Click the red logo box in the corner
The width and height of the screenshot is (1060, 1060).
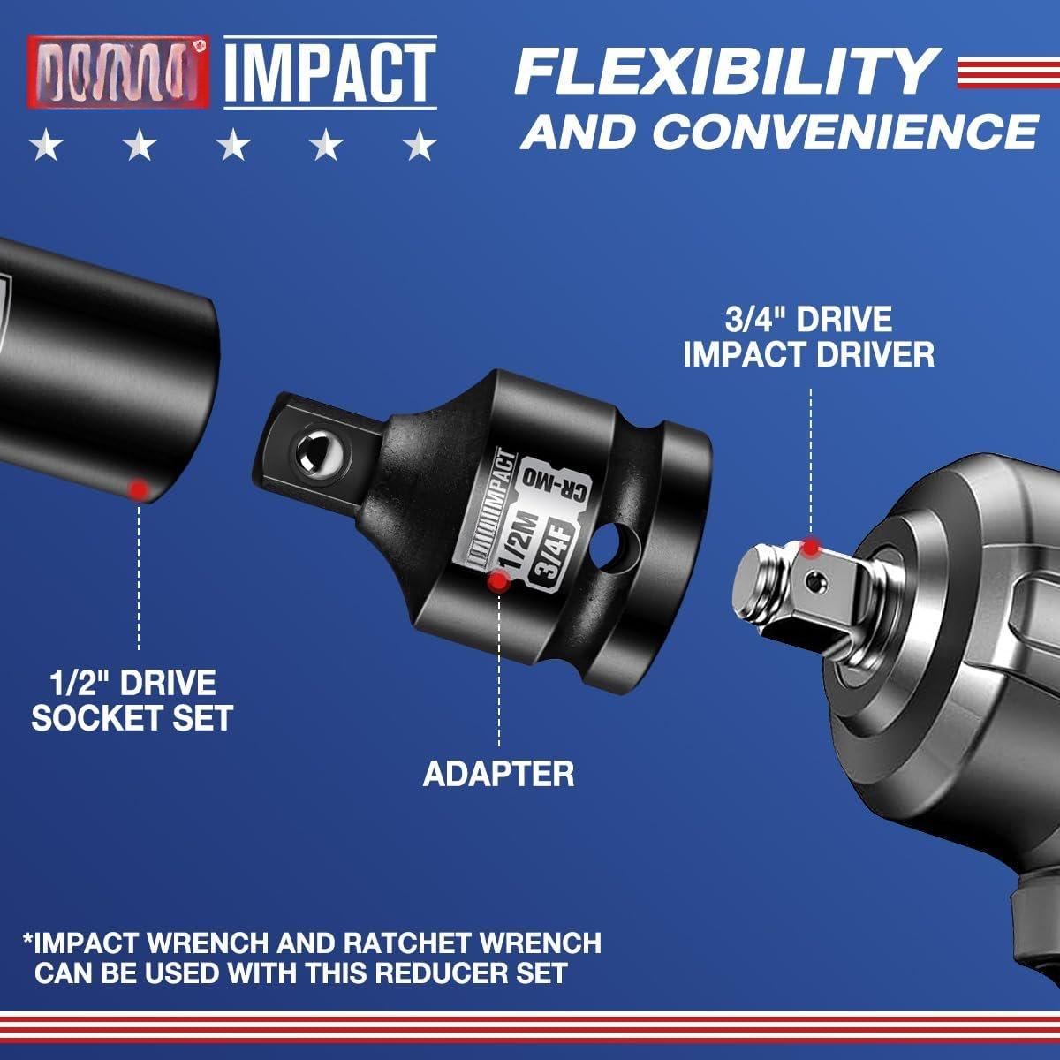[118, 71]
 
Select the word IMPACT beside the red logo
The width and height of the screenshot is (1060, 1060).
[329, 71]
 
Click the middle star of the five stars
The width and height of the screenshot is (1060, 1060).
[233, 145]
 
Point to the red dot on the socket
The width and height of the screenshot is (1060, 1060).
[138, 488]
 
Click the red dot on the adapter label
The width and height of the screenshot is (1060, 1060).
[500, 581]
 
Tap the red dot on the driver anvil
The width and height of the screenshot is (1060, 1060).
[810, 548]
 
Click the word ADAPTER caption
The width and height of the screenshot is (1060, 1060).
[499, 774]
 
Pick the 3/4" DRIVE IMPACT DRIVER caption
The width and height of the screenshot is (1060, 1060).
[808, 337]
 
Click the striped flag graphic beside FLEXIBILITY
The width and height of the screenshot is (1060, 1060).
[1007, 74]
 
